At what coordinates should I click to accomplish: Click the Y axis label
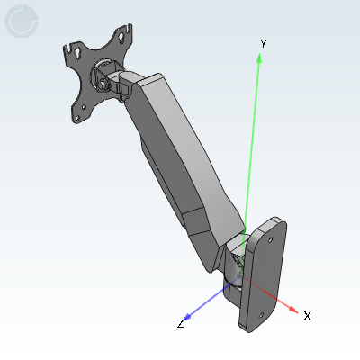pos(263,43)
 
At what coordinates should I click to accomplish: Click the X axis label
pos(307,316)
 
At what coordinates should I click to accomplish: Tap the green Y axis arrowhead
pos(260,58)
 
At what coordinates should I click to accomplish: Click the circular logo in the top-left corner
pos(22,22)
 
